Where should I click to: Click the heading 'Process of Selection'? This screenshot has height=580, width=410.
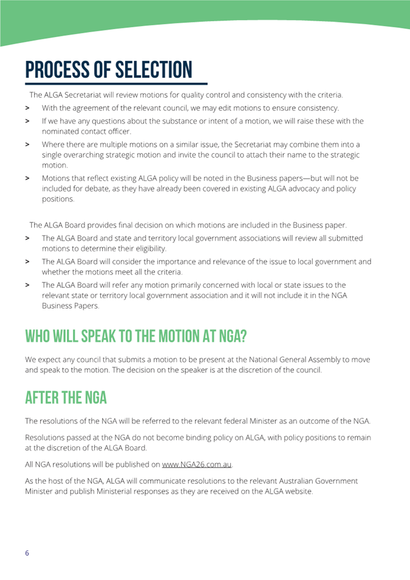[x=108, y=70]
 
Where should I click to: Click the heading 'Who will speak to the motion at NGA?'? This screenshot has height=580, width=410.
[x=136, y=336]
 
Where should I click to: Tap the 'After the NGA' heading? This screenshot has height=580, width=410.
[x=66, y=398]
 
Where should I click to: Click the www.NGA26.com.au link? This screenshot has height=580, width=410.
[x=197, y=465]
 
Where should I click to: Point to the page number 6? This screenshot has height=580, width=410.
[x=27, y=553]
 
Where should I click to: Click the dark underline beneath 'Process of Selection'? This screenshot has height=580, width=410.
[x=115, y=83]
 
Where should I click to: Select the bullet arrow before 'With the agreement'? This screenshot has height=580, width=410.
[x=28, y=108]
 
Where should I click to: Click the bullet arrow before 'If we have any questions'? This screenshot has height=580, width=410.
[x=28, y=121]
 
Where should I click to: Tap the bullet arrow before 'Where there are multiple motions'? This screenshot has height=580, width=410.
[x=28, y=145]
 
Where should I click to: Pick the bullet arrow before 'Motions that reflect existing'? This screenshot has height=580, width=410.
[x=28, y=179]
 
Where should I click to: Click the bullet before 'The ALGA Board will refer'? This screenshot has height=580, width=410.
[x=28, y=285]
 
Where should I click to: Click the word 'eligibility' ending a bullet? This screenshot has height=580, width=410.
[x=146, y=248]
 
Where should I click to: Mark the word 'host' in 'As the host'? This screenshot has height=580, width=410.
[x=62, y=480]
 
